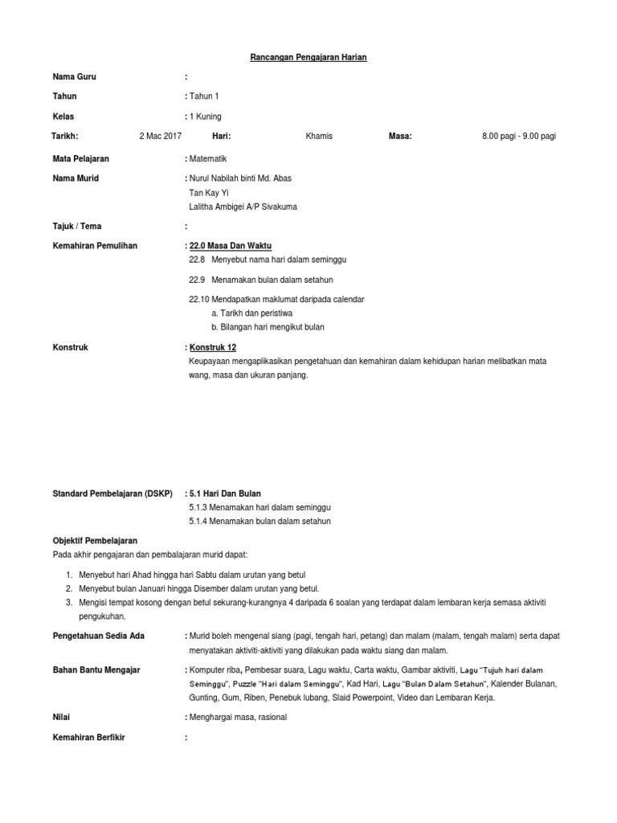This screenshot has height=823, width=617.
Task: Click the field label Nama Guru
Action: pyautogui.click(x=75, y=77)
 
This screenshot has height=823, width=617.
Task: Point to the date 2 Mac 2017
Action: pyautogui.click(x=161, y=137)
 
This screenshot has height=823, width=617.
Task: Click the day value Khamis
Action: pyautogui.click(x=319, y=137)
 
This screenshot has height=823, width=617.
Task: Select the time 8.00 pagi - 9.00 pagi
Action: pyautogui.click(x=519, y=137)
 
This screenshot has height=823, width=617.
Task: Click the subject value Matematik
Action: pyautogui.click(x=208, y=159)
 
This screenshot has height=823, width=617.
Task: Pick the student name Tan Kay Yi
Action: pyautogui.click(x=209, y=193)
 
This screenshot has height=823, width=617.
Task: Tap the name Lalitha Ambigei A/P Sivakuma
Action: pyautogui.click(x=241, y=207)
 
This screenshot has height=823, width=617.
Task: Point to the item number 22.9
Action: pyautogui.click(x=198, y=280)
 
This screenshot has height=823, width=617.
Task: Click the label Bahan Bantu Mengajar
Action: pyautogui.click(x=96, y=669)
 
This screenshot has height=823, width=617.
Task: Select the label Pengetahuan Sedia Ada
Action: pyautogui.click(x=98, y=636)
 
